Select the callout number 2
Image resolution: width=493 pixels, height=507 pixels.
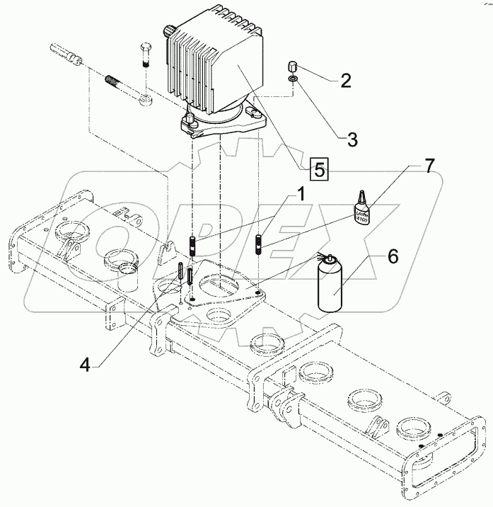(x=345, y=80)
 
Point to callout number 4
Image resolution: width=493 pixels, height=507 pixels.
(x=86, y=365)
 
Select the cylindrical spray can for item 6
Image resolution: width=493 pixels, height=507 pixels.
(x=330, y=286)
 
